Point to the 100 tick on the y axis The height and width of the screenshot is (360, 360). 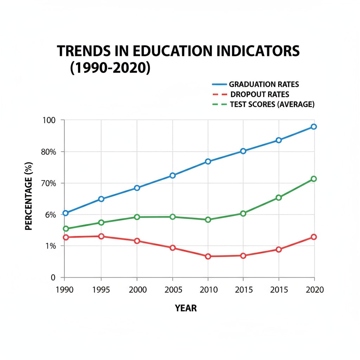pos(49,120)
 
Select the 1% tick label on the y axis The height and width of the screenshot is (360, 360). pos(50,246)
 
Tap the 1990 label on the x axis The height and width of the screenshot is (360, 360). pos(64,290)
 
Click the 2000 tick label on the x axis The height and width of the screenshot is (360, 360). pos(136,290)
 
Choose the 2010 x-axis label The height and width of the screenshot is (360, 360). pos(208,290)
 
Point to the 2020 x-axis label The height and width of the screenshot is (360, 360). pos(314,290)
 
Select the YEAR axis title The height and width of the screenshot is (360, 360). pos(186,308)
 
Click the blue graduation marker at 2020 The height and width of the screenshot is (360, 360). pos(314,127)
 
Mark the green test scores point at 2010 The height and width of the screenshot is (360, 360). pos(208,220)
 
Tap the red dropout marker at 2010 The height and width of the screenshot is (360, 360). pos(208,256)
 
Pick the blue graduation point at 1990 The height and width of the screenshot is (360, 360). pos(65,213)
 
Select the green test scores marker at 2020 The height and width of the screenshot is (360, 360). pos(314,179)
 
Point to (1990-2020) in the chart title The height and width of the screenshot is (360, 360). pos(110,67)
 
